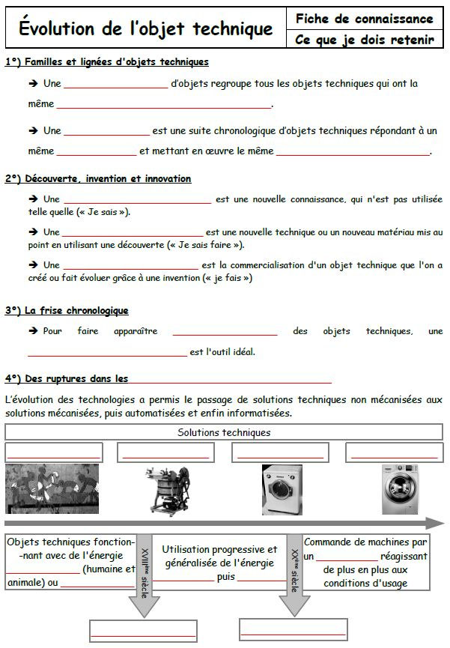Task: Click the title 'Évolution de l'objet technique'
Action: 145,29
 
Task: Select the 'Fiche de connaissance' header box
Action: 364,19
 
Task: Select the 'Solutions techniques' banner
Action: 224,432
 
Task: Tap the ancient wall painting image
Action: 52,489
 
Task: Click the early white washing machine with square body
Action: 282,489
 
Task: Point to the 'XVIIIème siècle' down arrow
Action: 145,577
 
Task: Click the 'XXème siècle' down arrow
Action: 294,577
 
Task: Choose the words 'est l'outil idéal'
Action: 222,351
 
